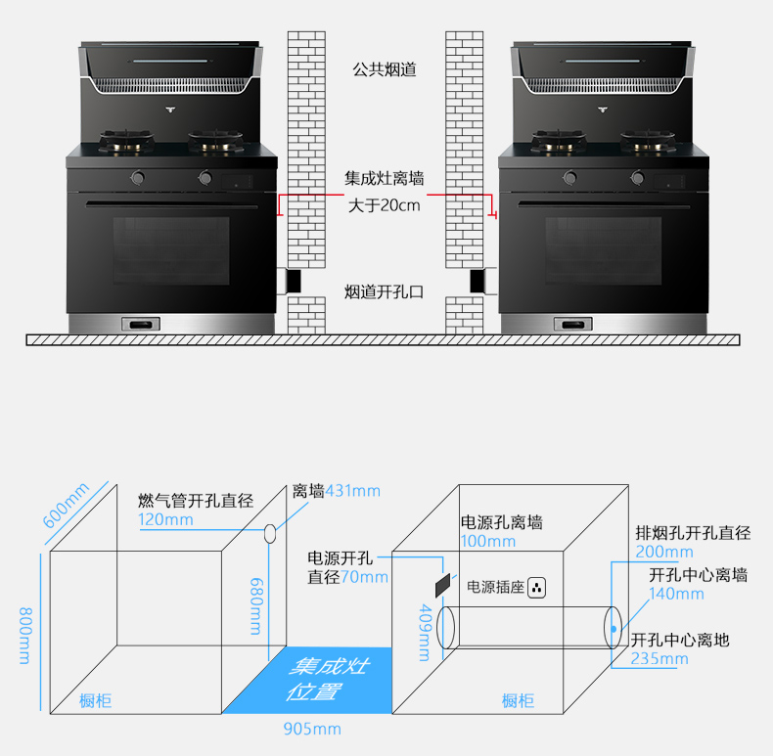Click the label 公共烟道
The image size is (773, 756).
click(x=385, y=70)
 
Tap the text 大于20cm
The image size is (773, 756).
click(x=385, y=205)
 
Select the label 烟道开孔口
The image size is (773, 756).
click(x=385, y=291)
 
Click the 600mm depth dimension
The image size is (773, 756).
click(x=67, y=505)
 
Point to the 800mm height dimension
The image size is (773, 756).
click(x=24, y=635)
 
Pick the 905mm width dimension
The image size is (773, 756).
click(x=312, y=729)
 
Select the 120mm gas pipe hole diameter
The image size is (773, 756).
click(x=165, y=519)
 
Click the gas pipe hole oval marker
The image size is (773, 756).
click(x=269, y=534)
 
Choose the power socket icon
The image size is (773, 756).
click(x=536, y=588)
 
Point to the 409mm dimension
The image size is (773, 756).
click(x=424, y=632)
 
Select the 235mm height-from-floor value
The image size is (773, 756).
click(x=659, y=658)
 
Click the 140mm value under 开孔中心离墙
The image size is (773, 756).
click(x=676, y=593)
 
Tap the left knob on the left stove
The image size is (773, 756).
click(x=138, y=179)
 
